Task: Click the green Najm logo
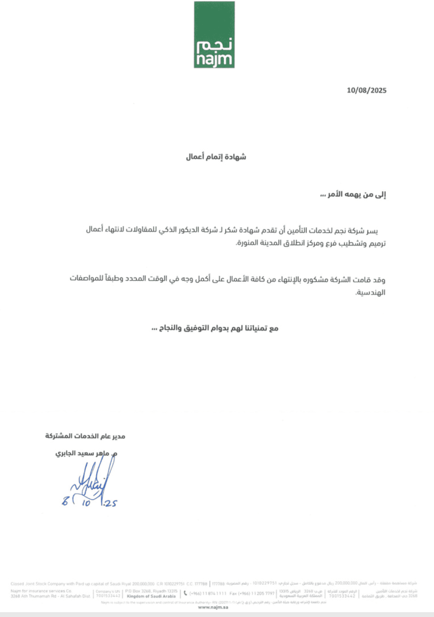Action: click(214, 35)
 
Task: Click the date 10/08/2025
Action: click(366, 90)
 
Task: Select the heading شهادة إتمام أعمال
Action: click(216, 157)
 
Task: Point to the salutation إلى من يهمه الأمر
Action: click(353, 195)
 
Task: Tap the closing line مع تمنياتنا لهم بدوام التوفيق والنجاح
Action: click(215, 328)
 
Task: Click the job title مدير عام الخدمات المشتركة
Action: click(85, 436)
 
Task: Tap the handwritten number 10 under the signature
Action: click(86, 503)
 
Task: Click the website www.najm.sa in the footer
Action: click(213, 607)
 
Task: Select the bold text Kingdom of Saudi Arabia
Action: click(151, 596)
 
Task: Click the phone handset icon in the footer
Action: click(185, 593)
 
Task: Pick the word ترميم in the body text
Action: click(377, 243)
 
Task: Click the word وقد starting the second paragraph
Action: click(379, 280)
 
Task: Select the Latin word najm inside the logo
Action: click(214, 60)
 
